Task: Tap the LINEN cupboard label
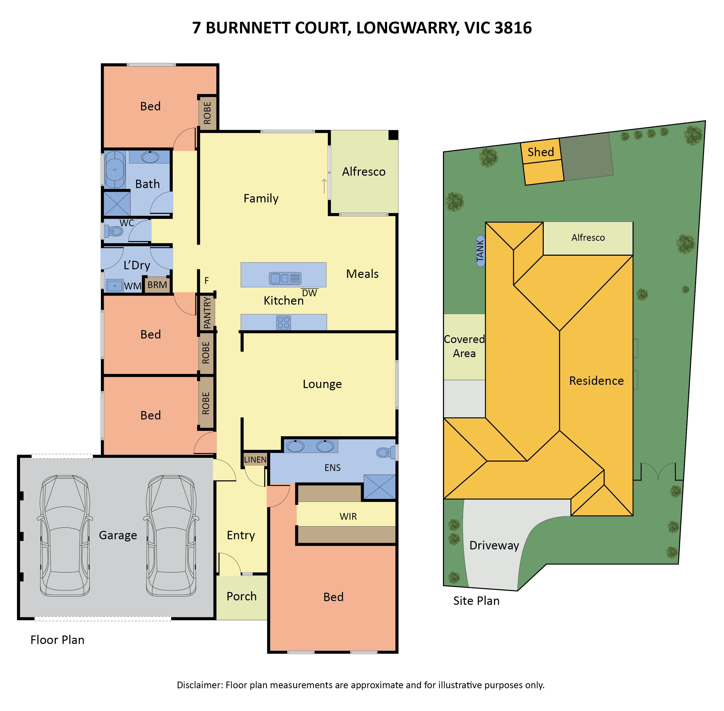point(255,459)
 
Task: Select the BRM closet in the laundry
point(157,285)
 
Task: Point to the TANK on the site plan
point(480,251)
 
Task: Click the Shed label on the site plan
point(541,152)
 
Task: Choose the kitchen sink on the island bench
point(285,278)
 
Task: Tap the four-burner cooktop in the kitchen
point(284,322)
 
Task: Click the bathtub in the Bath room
point(114,170)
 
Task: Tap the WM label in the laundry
point(133,286)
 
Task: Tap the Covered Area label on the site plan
point(464,346)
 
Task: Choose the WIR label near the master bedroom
point(348,516)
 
